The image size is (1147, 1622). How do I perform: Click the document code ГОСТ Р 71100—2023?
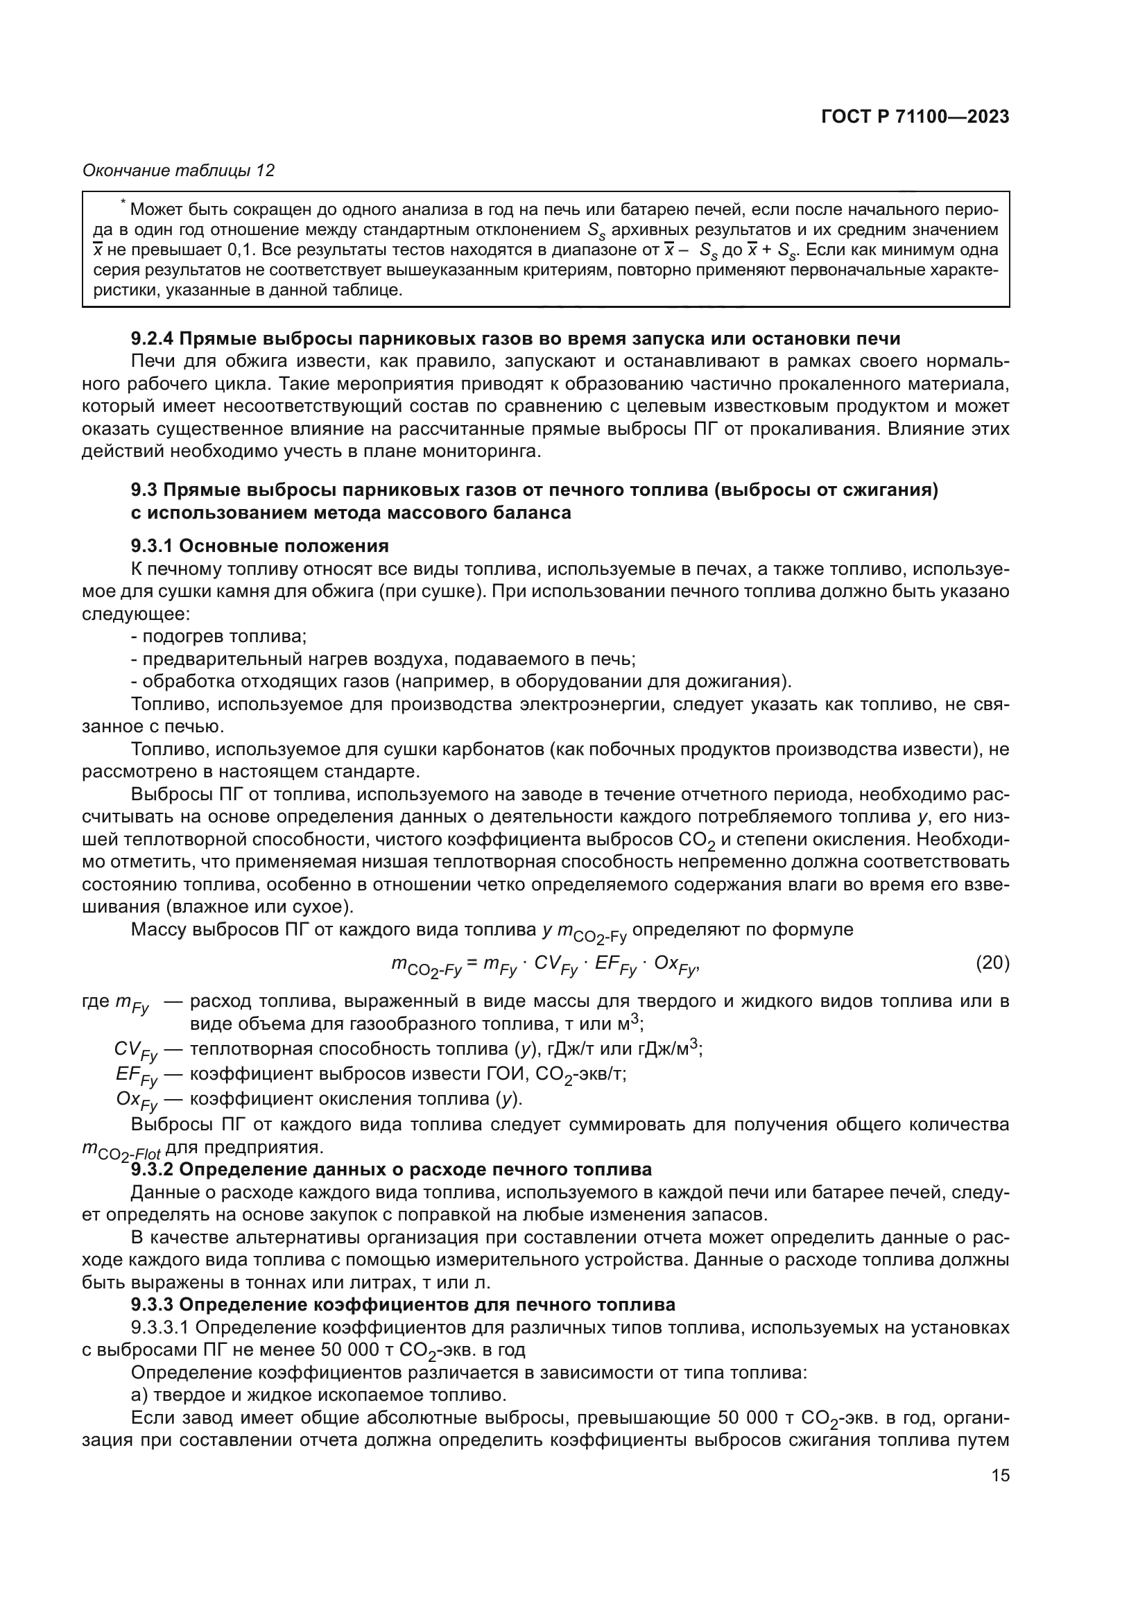915,117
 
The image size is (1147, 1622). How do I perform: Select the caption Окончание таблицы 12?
178,171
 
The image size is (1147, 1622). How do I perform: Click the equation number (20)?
992,963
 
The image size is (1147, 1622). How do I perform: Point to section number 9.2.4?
153,338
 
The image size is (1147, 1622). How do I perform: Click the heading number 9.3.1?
153,545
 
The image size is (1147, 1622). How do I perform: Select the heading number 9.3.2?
153,1169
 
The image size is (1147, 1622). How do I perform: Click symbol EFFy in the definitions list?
137,1076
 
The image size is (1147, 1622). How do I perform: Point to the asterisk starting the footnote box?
123,204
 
